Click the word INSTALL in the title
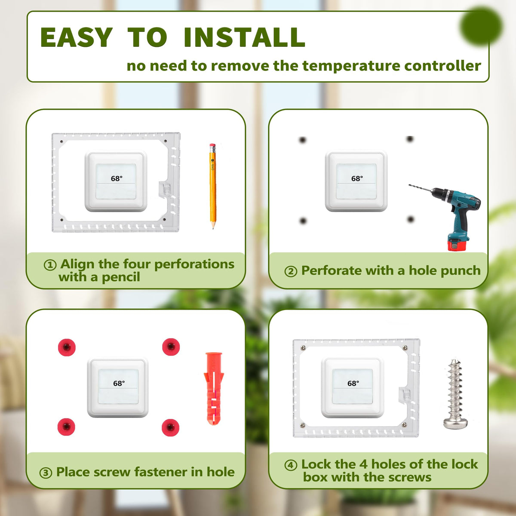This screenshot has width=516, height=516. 245,37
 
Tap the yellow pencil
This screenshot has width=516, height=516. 213,186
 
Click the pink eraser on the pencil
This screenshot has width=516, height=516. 212,146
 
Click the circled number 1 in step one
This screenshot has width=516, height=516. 50,265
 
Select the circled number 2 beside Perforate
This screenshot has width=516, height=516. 291,271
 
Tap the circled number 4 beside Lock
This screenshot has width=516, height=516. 291,465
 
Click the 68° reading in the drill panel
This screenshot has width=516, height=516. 357,178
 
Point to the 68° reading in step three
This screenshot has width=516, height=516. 119,383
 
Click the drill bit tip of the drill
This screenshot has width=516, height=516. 410,185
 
